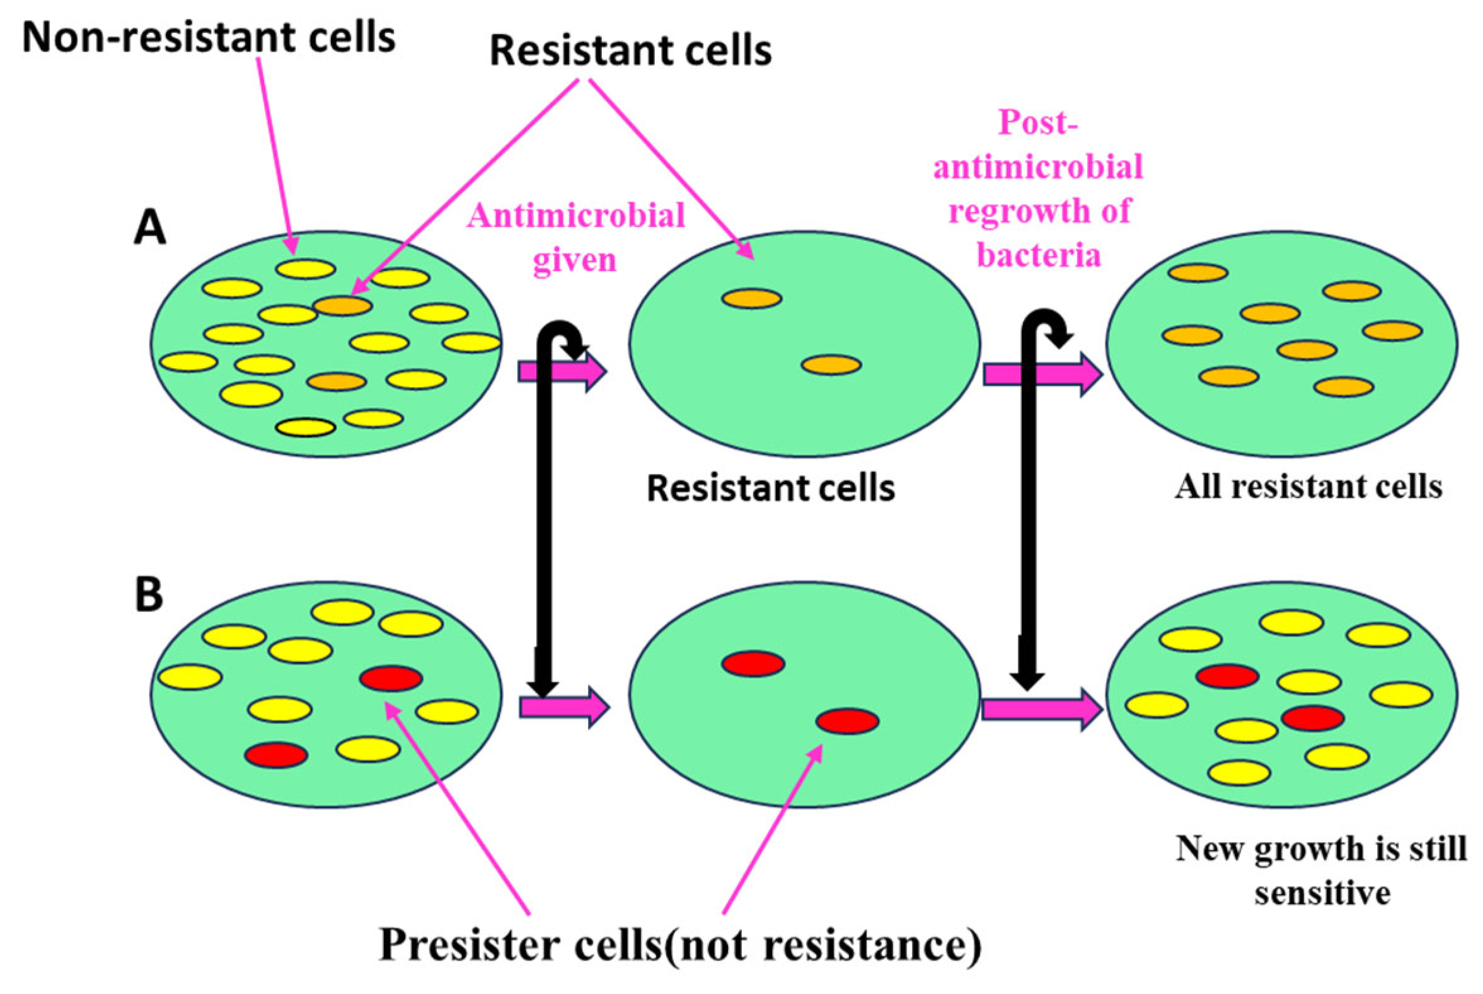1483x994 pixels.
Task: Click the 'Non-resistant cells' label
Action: tap(209, 38)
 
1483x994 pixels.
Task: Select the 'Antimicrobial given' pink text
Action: tap(576, 237)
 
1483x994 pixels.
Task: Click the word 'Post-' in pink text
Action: tap(1037, 122)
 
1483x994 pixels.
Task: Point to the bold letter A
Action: tap(149, 228)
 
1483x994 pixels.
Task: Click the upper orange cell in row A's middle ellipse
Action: tap(753, 299)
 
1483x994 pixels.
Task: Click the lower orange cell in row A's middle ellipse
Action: tap(831, 365)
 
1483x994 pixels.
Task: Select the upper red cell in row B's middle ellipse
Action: tap(754, 664)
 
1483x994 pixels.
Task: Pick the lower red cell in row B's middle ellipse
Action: tap(847, 722)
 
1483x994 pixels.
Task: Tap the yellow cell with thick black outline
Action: tap(306, 428)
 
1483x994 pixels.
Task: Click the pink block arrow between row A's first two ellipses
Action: tap(562, 371)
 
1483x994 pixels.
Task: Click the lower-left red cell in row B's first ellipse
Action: tap(276, 755)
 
